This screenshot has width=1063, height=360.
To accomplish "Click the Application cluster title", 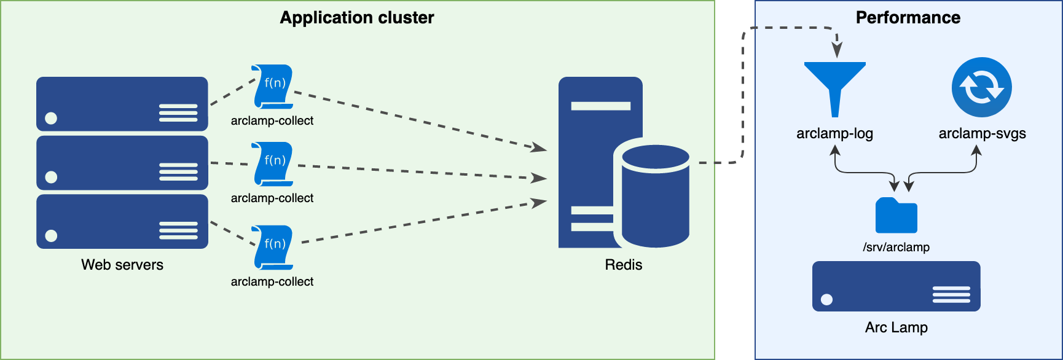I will [356, 18].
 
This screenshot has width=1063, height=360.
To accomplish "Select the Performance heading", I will [908, 18].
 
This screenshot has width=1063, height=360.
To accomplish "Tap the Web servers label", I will [122, 265].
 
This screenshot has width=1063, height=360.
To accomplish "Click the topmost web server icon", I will [122, 104].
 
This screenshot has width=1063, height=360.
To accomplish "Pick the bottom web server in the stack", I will [122, 222].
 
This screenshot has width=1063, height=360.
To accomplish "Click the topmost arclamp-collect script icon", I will [273, 87].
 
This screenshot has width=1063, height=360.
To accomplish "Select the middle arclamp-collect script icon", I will [273, 164].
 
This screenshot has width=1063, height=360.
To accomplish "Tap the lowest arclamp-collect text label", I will [272, 281].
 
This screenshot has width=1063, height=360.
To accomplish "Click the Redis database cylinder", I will [655, 195].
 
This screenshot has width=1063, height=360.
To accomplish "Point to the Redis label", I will [623, 265].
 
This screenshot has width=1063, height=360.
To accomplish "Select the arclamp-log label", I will [834, 133].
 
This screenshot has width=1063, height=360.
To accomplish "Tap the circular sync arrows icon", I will [981, 87].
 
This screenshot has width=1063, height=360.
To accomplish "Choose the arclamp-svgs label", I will [982, 133].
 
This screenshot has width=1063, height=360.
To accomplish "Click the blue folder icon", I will [896, 216].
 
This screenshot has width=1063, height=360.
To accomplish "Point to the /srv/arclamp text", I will [896, 247].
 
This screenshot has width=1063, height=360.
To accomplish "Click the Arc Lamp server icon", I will [896, 286].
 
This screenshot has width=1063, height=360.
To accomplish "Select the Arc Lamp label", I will [896, 327].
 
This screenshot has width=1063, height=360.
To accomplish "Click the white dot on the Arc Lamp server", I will [827, 300].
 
